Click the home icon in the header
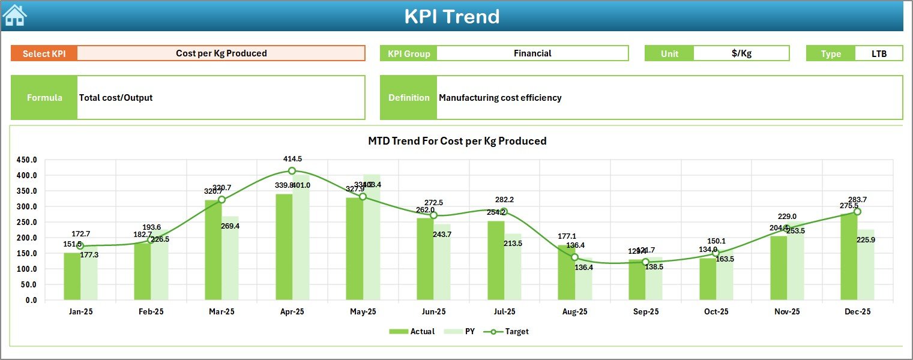(14, 16)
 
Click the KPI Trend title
(451, 17)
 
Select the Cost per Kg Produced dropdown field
(221, 53)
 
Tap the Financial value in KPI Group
(532, 53)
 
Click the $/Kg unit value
(741, 53)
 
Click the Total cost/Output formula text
(116, 98)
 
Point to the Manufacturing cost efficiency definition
(500, 98)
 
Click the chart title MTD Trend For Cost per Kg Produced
(457, 141)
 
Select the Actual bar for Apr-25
(284, 247)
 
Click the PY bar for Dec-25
(866, 265)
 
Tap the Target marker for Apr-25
(292, 171)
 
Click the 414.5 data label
(292, 159)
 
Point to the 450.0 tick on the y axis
(26, 160)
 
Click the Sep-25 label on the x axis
(645, 312)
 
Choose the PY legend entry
(461, 331)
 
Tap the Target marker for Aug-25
(575, 257)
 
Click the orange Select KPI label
(44, 53)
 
